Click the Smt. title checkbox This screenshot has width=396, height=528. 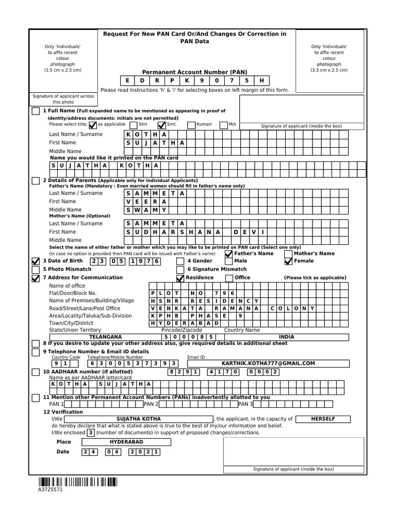pyautogui.click(x=161, y=125)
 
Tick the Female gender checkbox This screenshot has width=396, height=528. pyautogui.click(x=288, y=261)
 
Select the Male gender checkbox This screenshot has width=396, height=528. pyautogui.click(x=229, y=261)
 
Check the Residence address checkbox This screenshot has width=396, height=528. pyautogui.click(x=180, y=278)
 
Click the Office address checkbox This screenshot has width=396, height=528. pyautogui.click(x=229, y=278)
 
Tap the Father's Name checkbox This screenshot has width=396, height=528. pyautogui.click(x=229, y=254)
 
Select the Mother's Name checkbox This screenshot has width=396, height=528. pyautogui.click(x=288, y=254)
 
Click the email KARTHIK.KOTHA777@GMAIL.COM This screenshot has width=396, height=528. pyautogui.click(x=268, y=364)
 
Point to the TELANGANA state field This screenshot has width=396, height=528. pyautogui.click(x=105, y=337)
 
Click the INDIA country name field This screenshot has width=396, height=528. pyautogui.click(x=286, y=337)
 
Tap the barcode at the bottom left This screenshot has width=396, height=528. pyautogui.click(x=77, y=482)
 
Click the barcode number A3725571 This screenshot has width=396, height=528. pyautogui.click(x=50, y=490)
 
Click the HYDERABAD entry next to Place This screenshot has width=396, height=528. pyautogui.click(x=126, y=442)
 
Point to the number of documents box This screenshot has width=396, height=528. pyautogui.click(x=90, y=433)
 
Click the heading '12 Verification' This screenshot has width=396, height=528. pyautogui.click(x=63, y=412)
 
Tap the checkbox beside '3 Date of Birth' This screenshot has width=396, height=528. pyautogui.click(x=35, y=261)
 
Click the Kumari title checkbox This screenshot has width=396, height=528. pyautogui.click(x=191, y=125)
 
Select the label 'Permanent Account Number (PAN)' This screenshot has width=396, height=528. pyautogui.click(x=195, y=72)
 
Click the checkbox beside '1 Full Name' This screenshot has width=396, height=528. pyautogui.click(x=35, y=111)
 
